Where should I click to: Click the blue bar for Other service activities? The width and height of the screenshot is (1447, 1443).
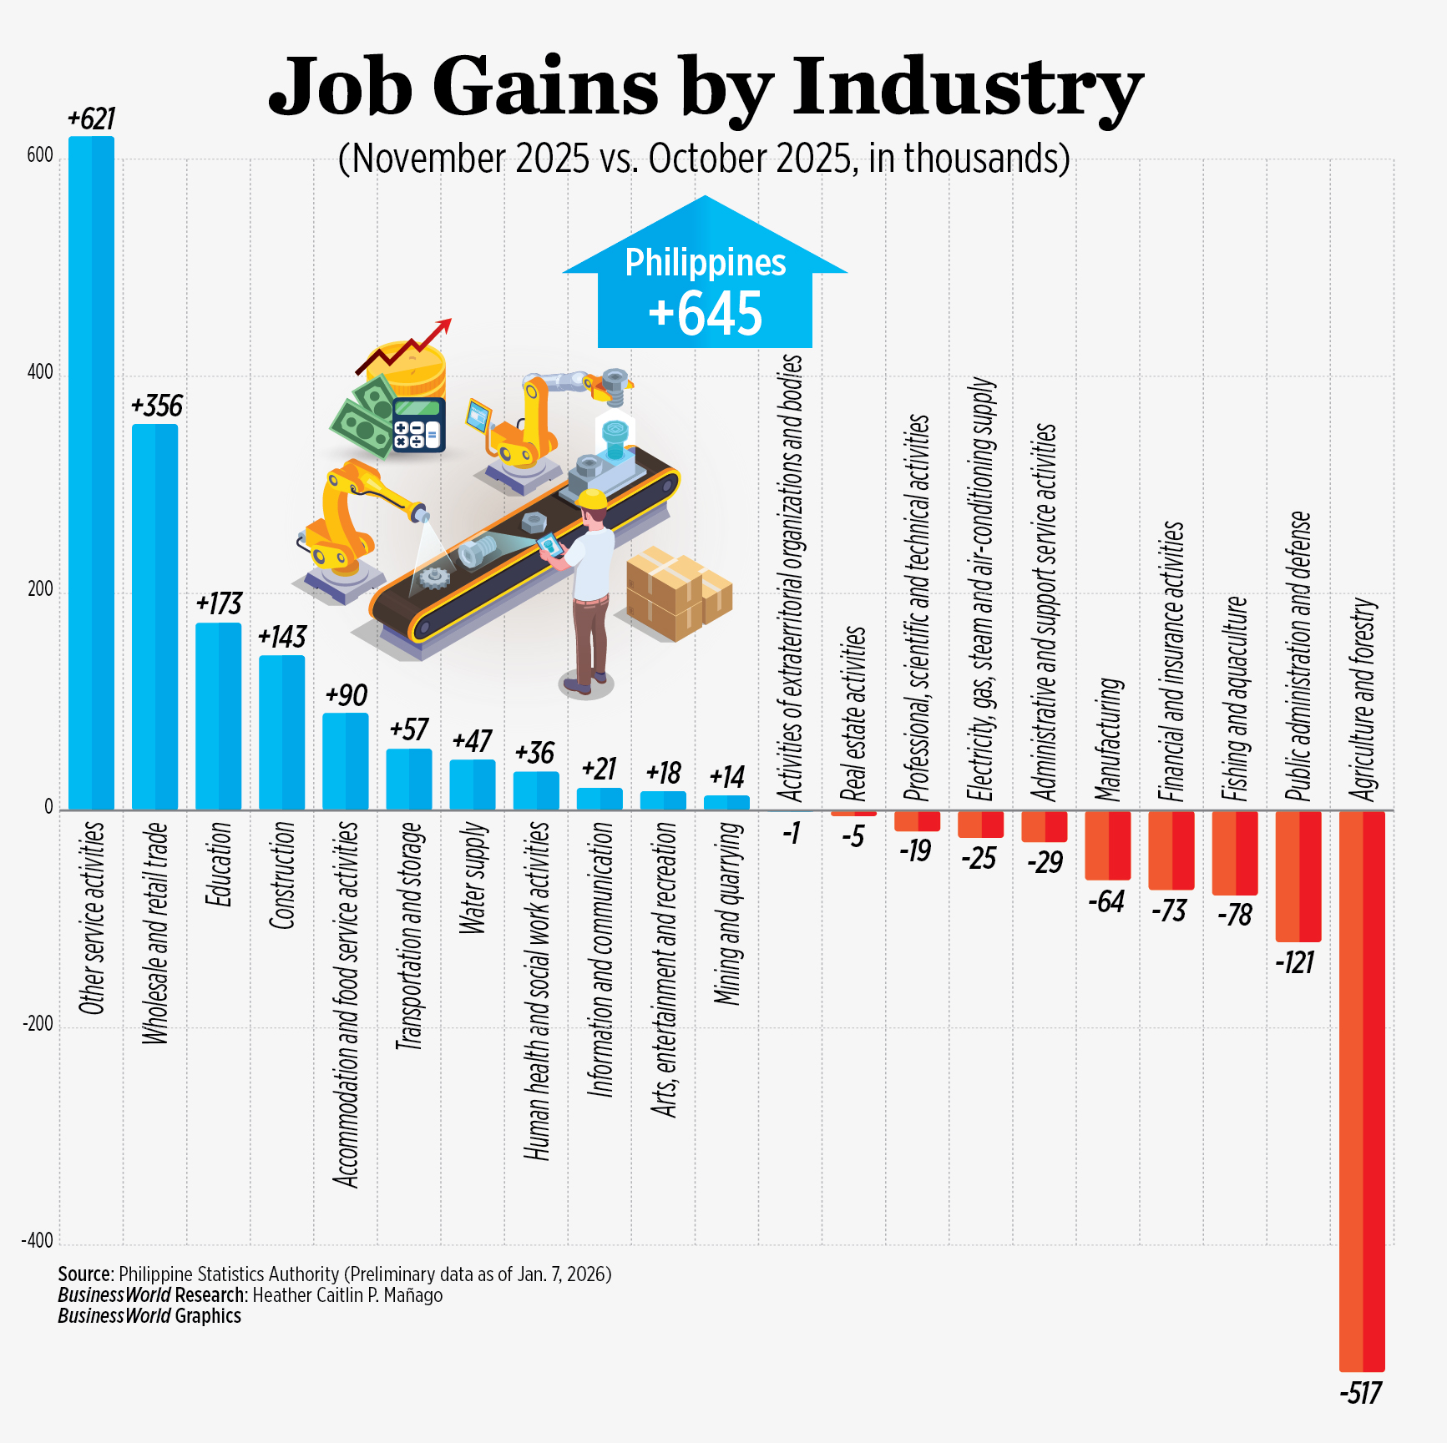[x=91, y=472]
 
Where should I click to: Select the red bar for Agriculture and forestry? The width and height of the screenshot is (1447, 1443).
[x=1362, y=1090]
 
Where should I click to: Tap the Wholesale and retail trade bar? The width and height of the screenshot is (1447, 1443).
[x=155, y=617]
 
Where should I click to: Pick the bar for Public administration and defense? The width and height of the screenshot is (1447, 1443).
[x=1298, y=876]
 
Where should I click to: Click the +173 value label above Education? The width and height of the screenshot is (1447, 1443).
[x=219, y=603]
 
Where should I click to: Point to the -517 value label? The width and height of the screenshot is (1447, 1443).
[x=1361, y=1393]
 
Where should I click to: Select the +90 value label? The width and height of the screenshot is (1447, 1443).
[x=346, y=695]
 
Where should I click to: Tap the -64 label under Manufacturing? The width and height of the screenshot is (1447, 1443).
[x=1107, y=901]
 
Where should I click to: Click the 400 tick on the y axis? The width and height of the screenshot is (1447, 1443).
[x=40, y=372]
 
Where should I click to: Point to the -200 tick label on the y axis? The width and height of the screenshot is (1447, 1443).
[x=38, y=1024]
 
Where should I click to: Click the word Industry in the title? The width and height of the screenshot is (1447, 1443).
[x=967, y=88]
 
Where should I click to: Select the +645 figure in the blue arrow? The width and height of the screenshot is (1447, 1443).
[x=706, y=314]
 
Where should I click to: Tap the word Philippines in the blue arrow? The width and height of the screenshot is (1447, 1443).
[x=706, y=263]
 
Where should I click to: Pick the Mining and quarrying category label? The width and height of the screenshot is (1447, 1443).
[x=727, y=913]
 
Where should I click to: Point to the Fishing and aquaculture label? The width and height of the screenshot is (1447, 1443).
[x=1235, y=699]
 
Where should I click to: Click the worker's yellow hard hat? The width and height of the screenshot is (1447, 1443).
[x=592, y=498]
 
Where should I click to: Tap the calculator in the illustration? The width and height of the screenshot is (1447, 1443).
[x=418, y=424]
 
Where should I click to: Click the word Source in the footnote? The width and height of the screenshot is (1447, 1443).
[x=84, y=1274]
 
